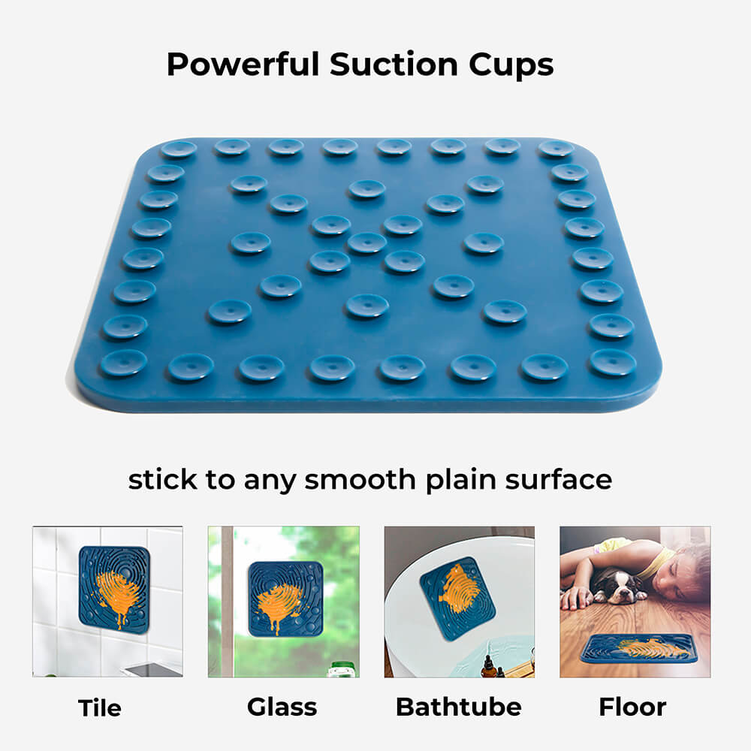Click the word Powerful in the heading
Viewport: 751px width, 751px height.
point(243,65)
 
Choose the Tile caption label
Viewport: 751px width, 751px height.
point(100,707)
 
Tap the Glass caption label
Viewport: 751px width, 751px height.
point(282,707)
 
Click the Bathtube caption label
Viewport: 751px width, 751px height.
point(458,707)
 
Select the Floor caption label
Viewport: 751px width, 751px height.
point(632,707)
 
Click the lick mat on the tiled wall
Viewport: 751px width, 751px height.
point(113,586)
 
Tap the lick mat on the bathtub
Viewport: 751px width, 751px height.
point(457,597)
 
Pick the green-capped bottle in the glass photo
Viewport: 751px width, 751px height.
point(341,667)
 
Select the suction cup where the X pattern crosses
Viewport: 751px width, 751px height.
point(367,243)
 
